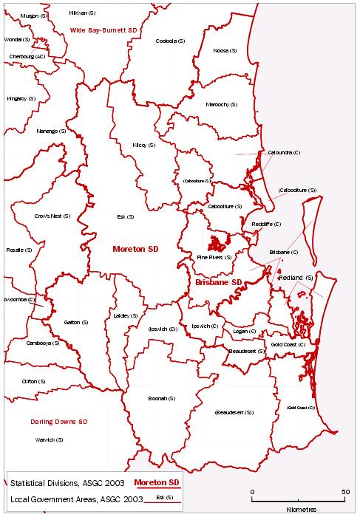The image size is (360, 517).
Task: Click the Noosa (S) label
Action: [x=225, y=50]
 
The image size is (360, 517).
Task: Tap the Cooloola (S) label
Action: [x=168, y=41]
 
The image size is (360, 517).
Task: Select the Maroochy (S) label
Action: [x=222, y=105]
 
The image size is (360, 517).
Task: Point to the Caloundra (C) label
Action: [x=284, y=152]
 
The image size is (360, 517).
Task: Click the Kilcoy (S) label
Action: [x=143, y=145]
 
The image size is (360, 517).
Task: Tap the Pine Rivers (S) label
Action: [x=214, y=257]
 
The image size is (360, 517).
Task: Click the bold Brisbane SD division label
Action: [x=219, y=282]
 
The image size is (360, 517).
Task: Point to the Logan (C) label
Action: [x=244, y=332]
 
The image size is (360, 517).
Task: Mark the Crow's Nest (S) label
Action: [x=52, y=216]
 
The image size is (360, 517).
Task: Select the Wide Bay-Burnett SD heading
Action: [x=104, y=30]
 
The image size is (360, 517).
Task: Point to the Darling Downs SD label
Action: [x=60, y=422]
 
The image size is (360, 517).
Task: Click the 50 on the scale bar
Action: [x=345, y=491]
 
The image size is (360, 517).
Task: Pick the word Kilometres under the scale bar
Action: [x=299, y=509]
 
